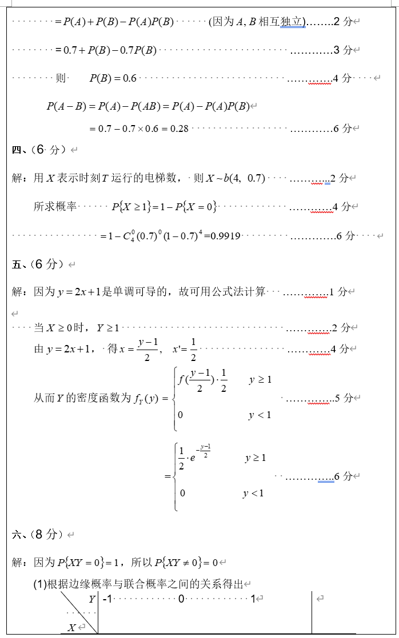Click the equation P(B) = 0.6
pos(113,78)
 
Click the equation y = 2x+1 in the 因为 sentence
pos(79,292)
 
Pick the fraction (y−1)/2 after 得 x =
pos(147,349)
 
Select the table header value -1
pos(106,599)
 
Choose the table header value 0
pos(181,599)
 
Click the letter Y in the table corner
pos(91,599)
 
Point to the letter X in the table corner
pos(71,627)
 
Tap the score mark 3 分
pos(342,50)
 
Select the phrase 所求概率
pos(55,206)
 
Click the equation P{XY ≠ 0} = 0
pos(186,563)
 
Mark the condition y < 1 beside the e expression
pos(253,493)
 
